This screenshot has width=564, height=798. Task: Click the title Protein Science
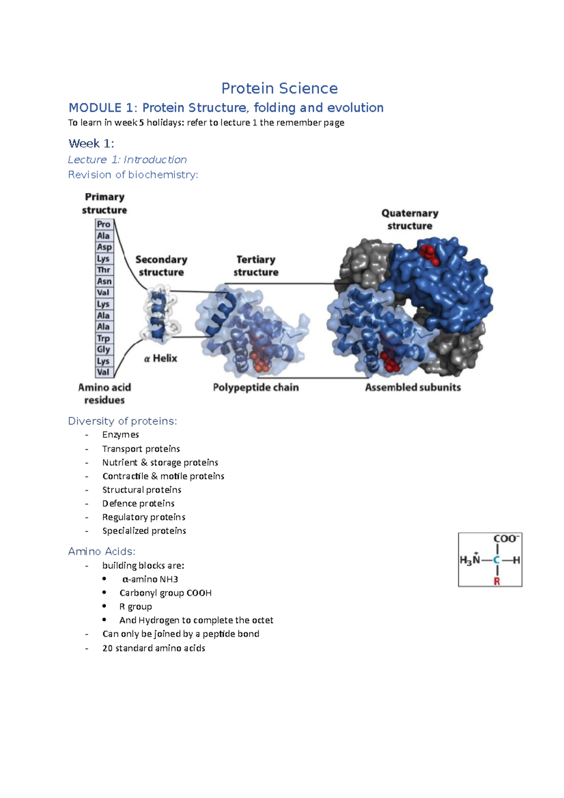pos(279,88)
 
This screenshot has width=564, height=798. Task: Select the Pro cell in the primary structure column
pos(104,224)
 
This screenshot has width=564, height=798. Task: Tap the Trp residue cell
pos(103,338)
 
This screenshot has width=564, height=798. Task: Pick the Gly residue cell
pos(103,350)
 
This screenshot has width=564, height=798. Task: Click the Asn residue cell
pos(104,281)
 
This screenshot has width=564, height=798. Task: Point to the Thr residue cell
pos(104,270)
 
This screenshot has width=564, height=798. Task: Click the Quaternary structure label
pos(410,219)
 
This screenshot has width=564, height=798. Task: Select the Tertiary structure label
pos(256,266)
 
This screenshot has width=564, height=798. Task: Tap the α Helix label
pos(161,359)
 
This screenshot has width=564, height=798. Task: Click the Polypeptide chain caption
pos(256,387)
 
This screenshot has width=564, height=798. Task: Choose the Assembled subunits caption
pos(413,387)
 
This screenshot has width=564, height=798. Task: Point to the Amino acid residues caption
pos(104,393)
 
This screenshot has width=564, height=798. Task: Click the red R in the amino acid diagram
pos(497,581)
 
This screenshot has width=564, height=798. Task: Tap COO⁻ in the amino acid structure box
pos(506,539)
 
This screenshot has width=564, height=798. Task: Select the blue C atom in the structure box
pos(496,560)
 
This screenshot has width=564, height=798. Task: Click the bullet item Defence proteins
pos(138,503)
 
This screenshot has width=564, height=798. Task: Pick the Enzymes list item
pos(120,435)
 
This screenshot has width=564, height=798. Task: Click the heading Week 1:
pos(91,143)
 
